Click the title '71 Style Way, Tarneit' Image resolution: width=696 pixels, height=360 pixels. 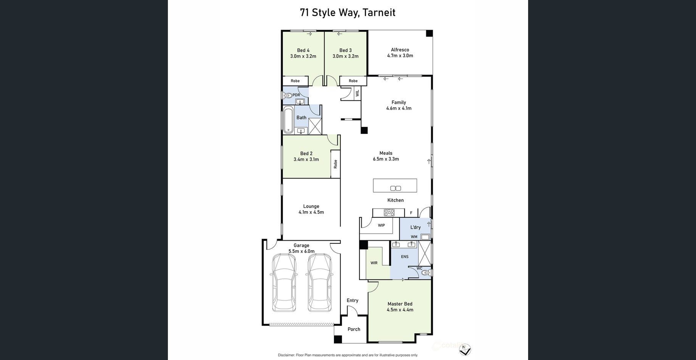tap(348, 13)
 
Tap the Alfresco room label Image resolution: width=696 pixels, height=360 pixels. tap(400, 50)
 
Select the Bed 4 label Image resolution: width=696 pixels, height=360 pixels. tap(303, 50)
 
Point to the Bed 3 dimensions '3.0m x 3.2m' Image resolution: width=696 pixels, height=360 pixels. tap(345, 56)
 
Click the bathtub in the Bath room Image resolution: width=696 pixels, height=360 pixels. tap(288, 120)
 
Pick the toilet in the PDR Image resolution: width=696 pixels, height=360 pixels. tap(287, 96)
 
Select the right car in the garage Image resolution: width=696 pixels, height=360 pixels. tap(319, 282)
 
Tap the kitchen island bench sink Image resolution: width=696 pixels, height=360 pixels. tap(396, 188)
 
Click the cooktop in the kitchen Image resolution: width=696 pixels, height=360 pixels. tap(389, 212)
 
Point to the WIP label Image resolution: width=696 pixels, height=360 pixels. tap(381, 225)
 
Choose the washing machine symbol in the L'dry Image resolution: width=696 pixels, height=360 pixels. tap(425, 237)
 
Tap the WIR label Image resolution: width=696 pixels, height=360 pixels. tap(374, 263)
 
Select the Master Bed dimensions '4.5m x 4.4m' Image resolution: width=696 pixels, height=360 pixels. tap(400, 310)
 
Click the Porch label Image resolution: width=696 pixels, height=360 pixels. tap(354, 329)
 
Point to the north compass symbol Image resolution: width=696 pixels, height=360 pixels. tap(465, 349)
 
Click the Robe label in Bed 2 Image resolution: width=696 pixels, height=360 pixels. tap(335, 164)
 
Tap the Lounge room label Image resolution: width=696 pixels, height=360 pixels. tap(311, 206)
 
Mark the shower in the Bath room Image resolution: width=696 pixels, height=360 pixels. tap(315, 126)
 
